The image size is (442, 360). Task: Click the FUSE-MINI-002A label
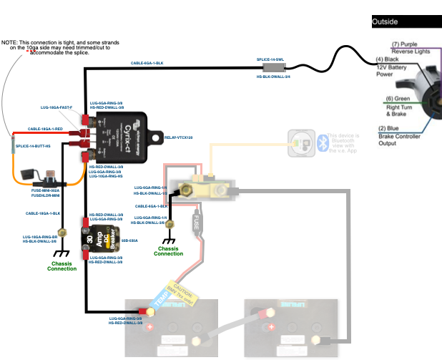coord(46,190)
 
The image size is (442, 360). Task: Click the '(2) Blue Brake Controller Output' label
coord(406,136)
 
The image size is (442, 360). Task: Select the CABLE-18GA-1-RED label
coord(45,129)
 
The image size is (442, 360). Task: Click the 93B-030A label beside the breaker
coord(130,241)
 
